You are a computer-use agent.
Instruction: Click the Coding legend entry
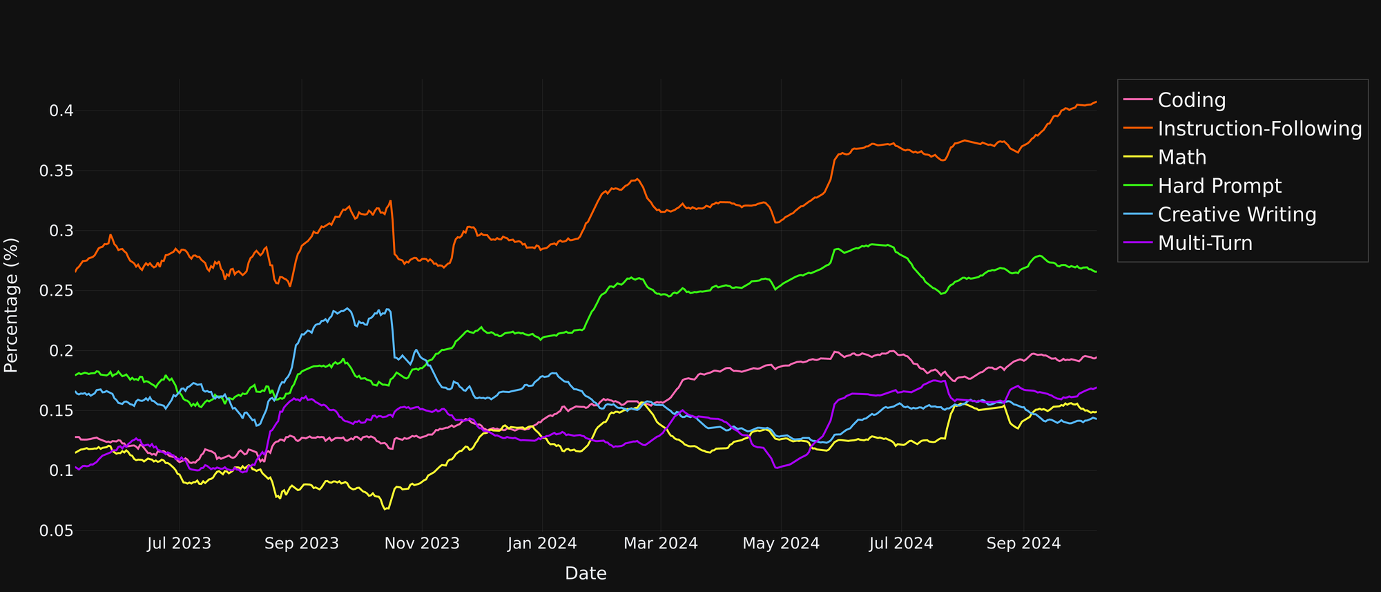[x=1191, y=101]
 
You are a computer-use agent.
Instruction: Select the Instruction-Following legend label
[x=1259, y=129]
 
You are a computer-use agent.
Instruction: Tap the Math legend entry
[x=1181, y=157]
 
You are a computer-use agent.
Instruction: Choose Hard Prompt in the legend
[x=1219, y=187]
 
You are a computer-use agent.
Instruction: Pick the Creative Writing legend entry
[x=1237, y=215]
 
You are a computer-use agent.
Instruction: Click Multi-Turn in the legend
[x=1204, y=243]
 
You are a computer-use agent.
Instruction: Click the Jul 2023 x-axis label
[x=180, y=544]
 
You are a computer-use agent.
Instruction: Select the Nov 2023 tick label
[x=422, y=544]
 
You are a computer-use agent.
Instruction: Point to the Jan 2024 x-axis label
[x=542, y=544]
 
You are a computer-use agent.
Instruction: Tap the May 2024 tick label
[x=781, y=544]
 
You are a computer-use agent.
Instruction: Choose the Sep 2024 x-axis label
[x=1023, y=544]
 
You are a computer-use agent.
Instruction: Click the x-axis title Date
[x=586, y=573]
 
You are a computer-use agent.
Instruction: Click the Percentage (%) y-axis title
[x=11, y=305]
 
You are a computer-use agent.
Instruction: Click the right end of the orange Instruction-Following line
[x=1096, y=102]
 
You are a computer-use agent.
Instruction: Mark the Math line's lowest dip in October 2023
[x=385, y=509]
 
